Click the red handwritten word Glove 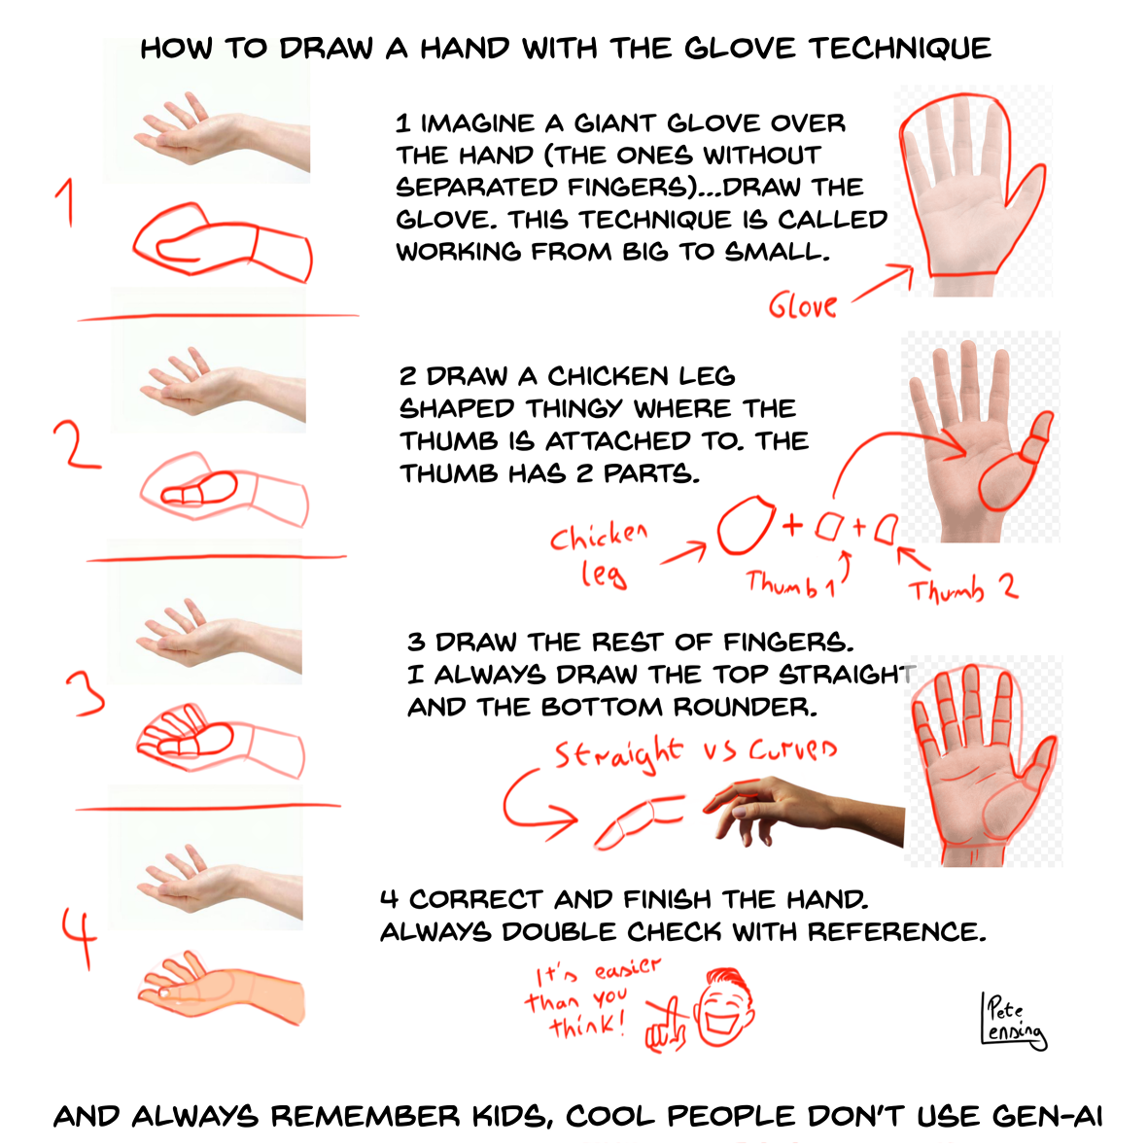[x=802, y=305]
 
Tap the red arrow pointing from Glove [x=884, y=283]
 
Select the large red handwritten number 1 [x=66, y=203]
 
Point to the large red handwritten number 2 [x=76, y=445]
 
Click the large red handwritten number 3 [x=87, y=693]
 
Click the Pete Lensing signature [x=1014, y=1021]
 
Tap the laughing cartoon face [x=724, y=1007]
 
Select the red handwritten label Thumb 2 [x=962, y=588]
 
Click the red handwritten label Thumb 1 [x=790, y=584]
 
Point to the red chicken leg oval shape [x=746, y=525]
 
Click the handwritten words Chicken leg [x=600, y=555]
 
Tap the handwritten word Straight [x=618, y=753]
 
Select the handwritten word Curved [x=792, y=749]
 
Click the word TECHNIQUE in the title [x=900, y=49]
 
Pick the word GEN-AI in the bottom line [x=1048, y=1117]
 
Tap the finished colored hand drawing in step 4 [x=221, y=992]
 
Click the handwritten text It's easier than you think [x=592, y=999]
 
